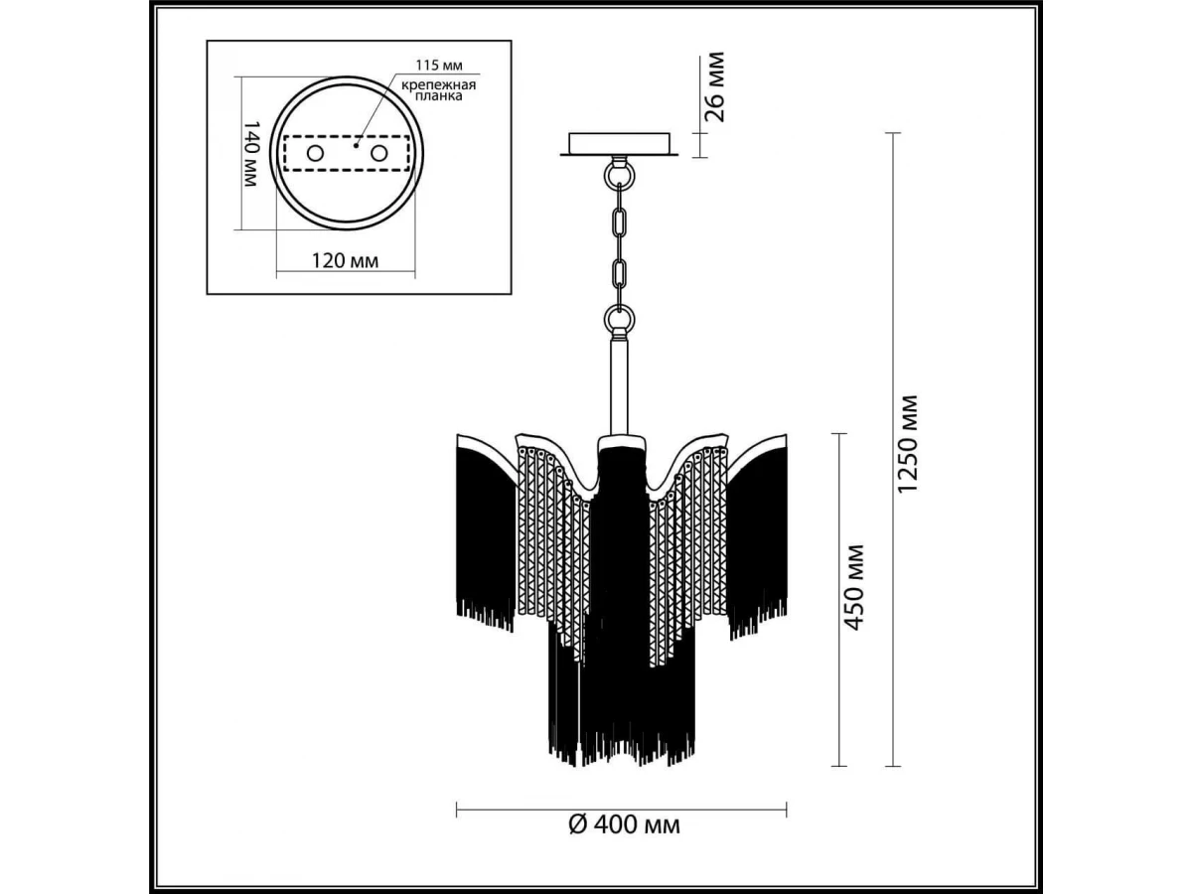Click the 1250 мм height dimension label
[908, 444]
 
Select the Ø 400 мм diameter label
[624, 840]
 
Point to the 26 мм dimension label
[713, 86]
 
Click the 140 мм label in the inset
[250, 154]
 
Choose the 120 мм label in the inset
[345, 261]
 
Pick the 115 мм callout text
[439, 66]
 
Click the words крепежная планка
[439, 90]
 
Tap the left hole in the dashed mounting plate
[315, 154]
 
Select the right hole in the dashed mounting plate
[379, 154]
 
